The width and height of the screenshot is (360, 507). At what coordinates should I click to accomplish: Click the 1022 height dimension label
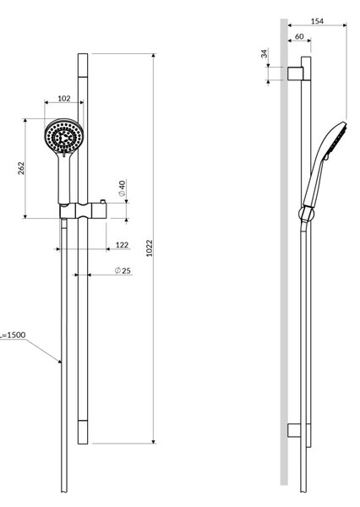149,248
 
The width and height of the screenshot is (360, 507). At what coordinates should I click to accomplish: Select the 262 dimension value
21,168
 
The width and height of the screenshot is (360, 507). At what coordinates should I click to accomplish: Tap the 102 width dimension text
64,98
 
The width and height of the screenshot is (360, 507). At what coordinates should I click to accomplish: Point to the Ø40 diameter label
122,188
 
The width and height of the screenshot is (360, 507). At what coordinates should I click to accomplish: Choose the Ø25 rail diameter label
123,270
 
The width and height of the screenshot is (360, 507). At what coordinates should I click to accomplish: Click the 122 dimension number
122,245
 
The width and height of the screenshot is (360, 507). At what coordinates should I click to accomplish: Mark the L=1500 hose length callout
13,335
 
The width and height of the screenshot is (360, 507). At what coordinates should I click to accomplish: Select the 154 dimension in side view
317,21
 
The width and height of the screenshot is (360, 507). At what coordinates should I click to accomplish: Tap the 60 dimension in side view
299,36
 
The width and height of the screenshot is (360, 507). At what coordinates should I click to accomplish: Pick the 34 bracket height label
265,53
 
